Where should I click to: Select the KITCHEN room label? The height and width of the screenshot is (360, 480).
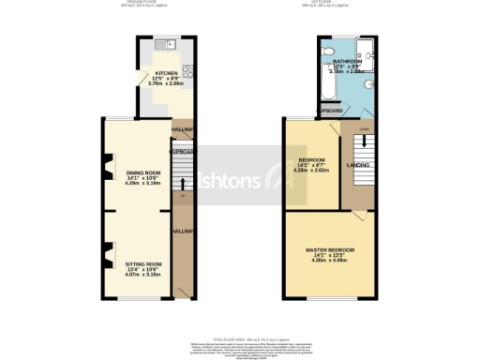click(x=153, y=71)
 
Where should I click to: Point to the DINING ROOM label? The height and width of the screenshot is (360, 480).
click(x=142, y=172)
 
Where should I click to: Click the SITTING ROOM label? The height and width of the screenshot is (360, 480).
click(x=142, y=265)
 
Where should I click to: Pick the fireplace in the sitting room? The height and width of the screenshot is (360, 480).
click(x=107, y=252)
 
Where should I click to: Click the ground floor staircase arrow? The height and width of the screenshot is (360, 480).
click(x=182, y=183)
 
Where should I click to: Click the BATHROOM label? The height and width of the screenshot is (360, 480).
click(x=350, y=61)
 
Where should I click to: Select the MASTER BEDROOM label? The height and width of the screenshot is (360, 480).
click(x=329, y=249)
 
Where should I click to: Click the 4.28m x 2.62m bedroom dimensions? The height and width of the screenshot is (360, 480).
click(x=310, y=171)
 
